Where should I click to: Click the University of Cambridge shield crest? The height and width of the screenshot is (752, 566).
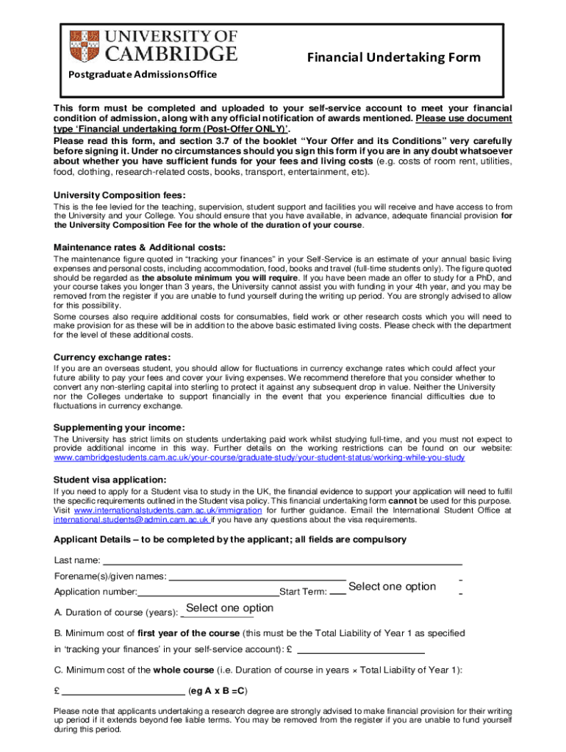[x=83, y=46]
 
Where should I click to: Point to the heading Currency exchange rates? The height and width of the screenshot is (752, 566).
[x=112, y=357]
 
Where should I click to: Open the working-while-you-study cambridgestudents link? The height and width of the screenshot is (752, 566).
[x=259, y=458]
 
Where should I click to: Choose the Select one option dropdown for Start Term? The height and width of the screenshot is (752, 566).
[x=392, y=586]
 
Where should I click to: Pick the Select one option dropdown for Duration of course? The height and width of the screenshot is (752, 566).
[x=229, y=608]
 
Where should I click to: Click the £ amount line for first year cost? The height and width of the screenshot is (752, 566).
[x=360, y=649]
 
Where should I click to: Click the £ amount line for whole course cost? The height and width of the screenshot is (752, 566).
[x=123, y=691]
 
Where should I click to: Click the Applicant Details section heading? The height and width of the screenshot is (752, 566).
[x=229, y=540]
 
